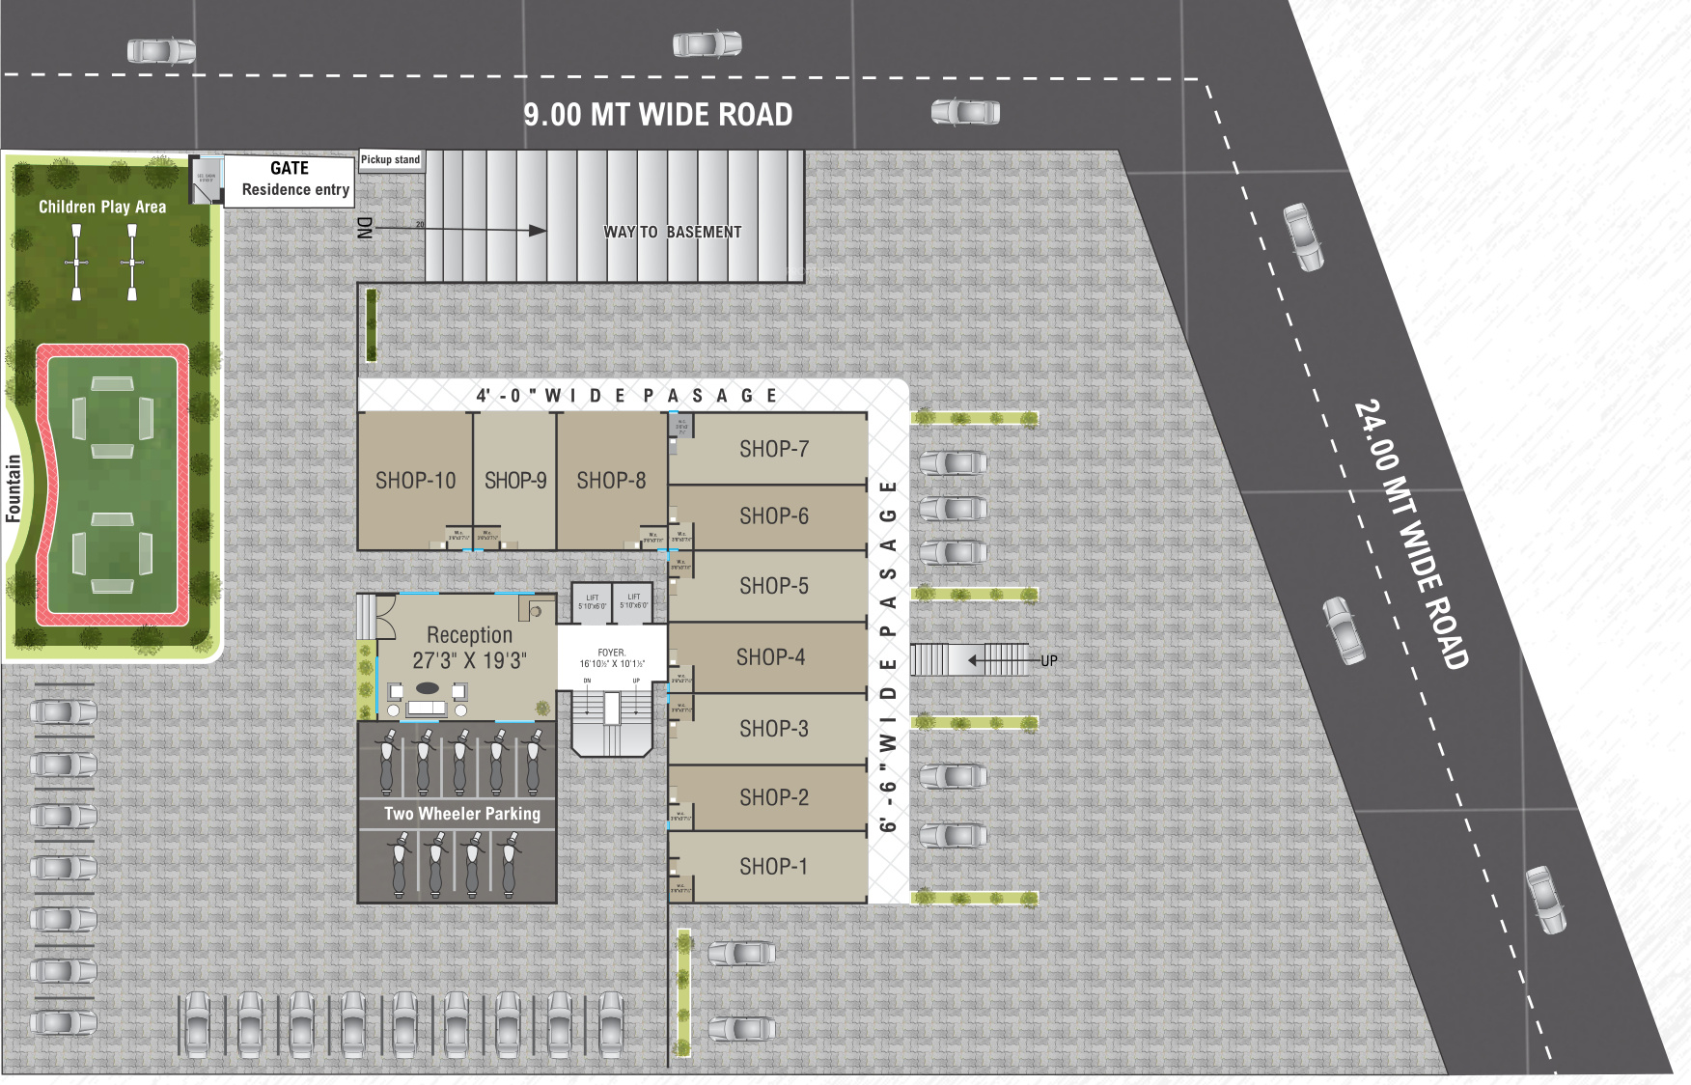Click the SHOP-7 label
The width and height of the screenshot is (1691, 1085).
point(774,449)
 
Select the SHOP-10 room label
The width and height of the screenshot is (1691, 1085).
point(415,481)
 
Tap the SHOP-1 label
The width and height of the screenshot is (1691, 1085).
point(773,867)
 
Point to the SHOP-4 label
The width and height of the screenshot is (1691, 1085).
point(770,657)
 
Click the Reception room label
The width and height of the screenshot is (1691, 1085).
point(469,634)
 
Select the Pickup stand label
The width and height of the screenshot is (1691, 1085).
point(390,159)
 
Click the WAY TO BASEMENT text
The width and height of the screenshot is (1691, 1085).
point(673,232)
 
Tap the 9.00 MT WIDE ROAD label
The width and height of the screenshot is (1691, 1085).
point(658,115)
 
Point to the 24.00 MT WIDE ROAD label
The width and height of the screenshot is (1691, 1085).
point(1411,534)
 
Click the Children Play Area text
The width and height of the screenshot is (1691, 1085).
point(102,207)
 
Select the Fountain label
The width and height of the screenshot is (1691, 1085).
point(14,488)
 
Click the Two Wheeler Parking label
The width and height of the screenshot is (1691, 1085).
point(462,814)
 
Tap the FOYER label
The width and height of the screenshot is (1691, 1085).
point(611,653)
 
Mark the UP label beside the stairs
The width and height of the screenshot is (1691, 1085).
point(1048,661)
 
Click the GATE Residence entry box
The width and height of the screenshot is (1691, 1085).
point(290,179)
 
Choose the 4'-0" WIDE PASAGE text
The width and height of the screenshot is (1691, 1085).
point(627,396)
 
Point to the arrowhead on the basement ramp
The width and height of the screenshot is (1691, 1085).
point(538,231)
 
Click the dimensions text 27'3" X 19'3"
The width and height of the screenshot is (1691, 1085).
point(469,660)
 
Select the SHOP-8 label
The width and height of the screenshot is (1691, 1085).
point(611,481)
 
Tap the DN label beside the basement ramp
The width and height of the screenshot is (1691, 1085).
point(365,228)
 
